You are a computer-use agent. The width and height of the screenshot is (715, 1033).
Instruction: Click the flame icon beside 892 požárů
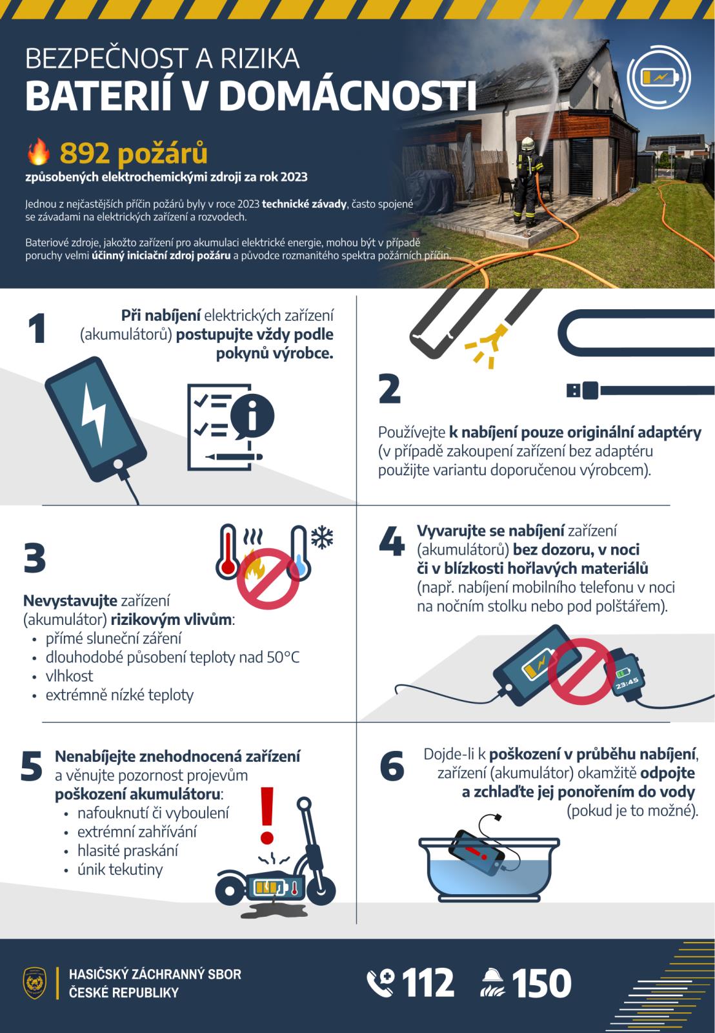[x=38, y=152]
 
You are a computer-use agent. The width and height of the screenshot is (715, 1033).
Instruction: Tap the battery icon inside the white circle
[x=660, y=77]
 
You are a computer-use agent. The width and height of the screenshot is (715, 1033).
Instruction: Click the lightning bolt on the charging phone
[x=94, y=414]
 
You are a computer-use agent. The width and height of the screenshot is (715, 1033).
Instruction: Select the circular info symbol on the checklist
[x=252, y=416]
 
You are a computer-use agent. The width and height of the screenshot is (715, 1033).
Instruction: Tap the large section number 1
[x=37, y=329]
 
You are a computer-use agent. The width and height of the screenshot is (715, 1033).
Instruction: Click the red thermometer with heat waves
[x=228, y=551]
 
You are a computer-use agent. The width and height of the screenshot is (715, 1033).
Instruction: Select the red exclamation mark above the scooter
[x=267, y=815]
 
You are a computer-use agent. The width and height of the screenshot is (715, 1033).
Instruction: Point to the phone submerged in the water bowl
[x=478, y=854]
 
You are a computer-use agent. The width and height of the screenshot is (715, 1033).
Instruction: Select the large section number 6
[x=392, y=766]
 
